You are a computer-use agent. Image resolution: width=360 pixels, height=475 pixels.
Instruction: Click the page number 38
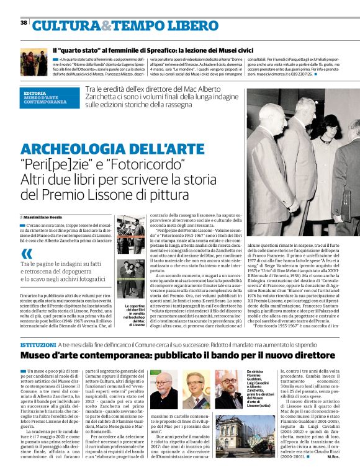click(23, 22)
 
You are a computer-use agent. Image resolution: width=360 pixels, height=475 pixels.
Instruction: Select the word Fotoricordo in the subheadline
click(151, 166)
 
